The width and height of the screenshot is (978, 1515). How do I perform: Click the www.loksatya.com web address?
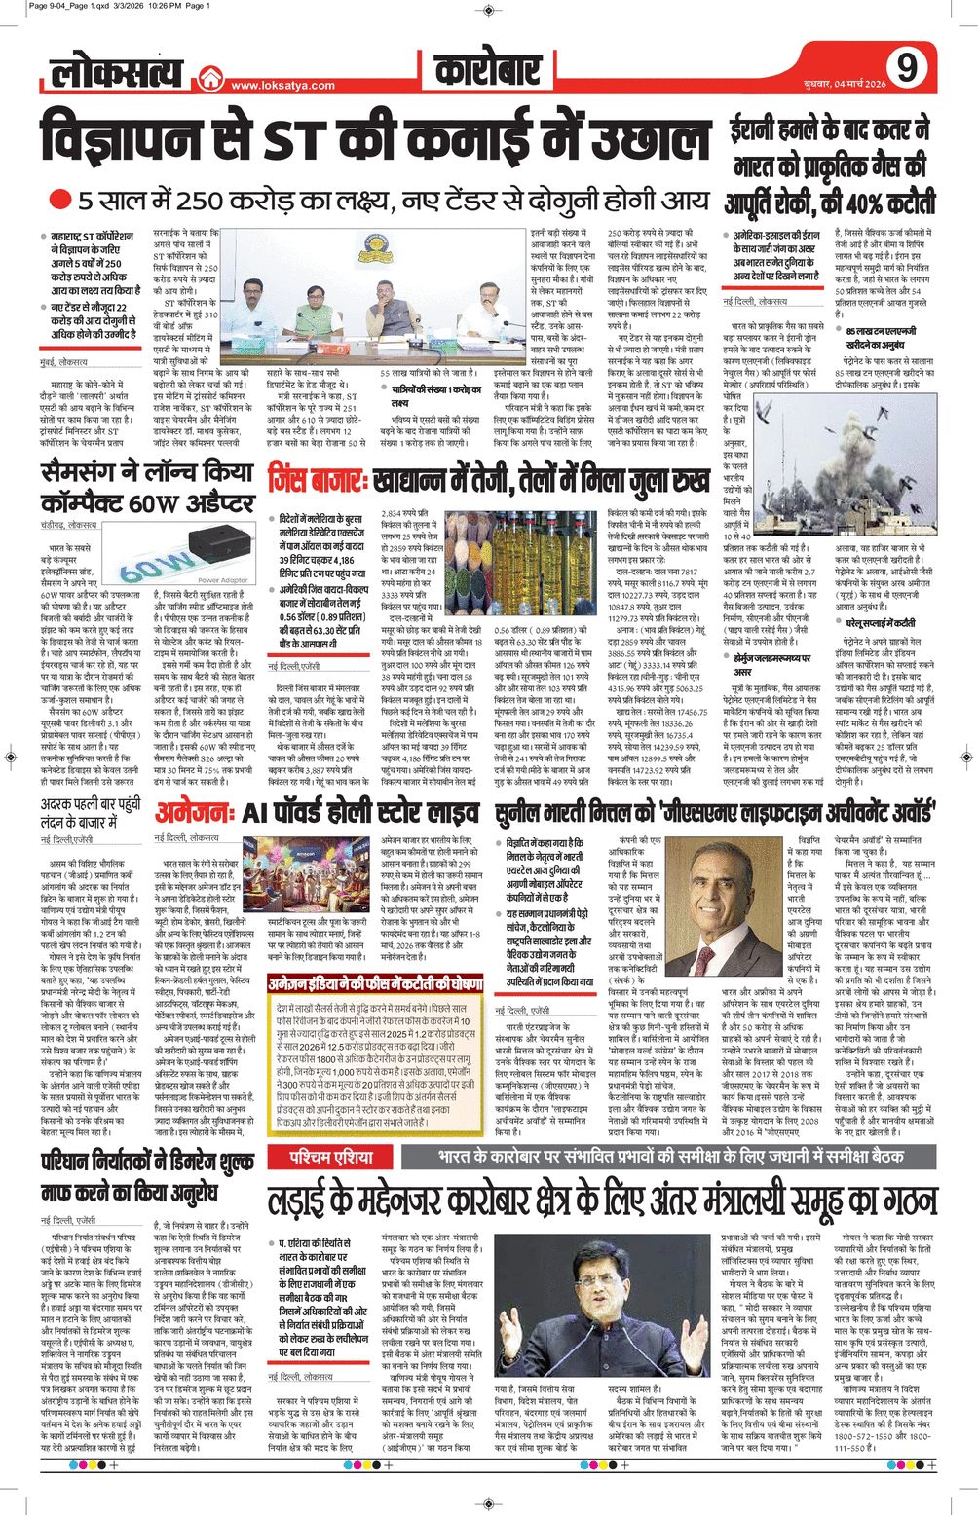pos(282,86)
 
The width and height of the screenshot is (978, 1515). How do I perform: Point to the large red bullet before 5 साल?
pos(60,201)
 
